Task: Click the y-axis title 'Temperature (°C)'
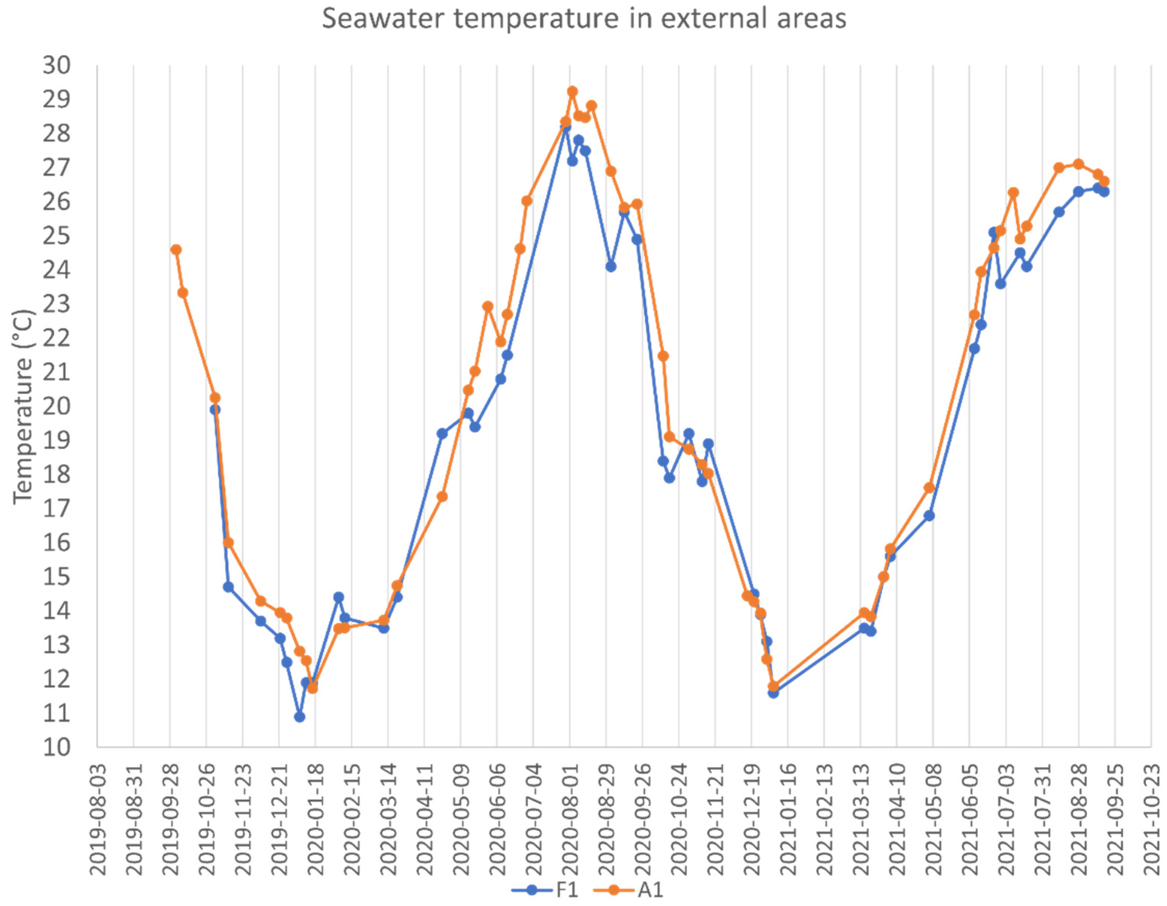click(x=22, y=406)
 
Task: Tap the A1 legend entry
click(x=629, y=890)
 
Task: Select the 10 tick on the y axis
click(x=57, y=747)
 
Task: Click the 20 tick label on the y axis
click(x=57, y=406)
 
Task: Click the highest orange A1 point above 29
click(x=572, y=91)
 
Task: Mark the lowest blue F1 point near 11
click(x=300, y=717)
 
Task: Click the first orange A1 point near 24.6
click(x=176, y=250)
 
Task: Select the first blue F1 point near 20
click(x=215, y=410)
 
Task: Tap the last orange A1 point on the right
click(x=1104, y=181)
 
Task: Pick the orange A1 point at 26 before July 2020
click(x=527, y=201)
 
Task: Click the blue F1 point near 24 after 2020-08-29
click(x=611, y=266)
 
